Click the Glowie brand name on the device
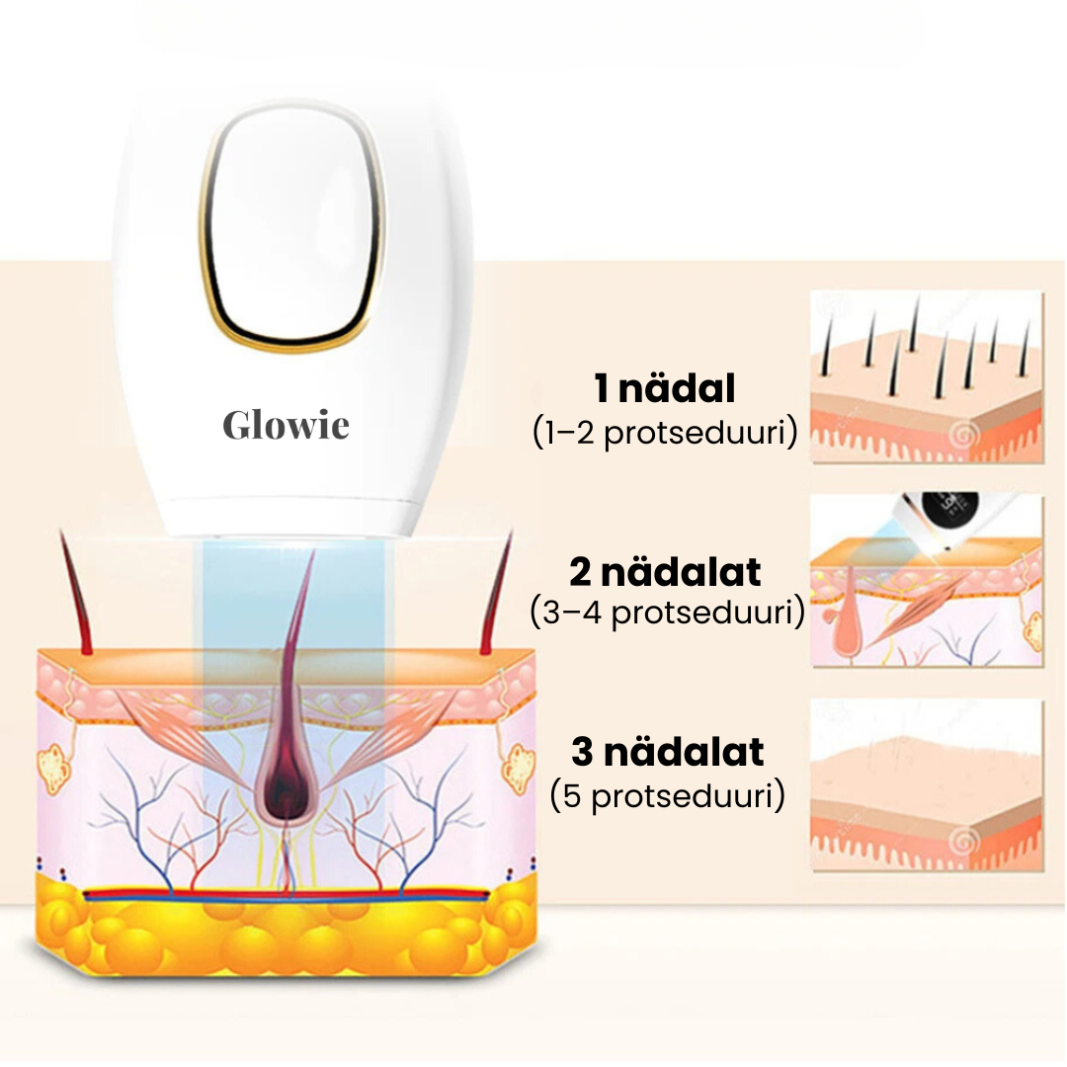point(286,425)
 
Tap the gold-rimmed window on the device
point(290,238)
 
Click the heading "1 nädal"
point(664,389)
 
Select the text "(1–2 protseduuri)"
point(664,433)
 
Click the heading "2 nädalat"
point(665,572)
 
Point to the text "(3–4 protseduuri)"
point(667,613)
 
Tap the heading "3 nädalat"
point(667,753)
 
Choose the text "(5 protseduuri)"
point(667,795)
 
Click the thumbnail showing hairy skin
point(926,375)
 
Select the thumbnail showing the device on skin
point(926,581)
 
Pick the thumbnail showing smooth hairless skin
point(926,785)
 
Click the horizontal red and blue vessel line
point(286,894)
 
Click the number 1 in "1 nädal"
point(603,389)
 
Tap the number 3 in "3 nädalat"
point(583,753)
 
